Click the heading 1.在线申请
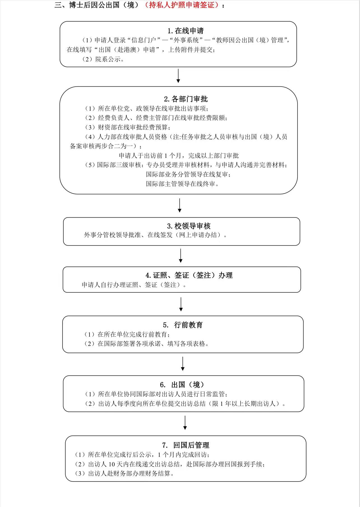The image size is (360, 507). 186,31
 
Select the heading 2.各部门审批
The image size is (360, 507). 186,99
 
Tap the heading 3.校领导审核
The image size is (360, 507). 189,226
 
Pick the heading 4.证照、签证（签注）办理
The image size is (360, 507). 189,275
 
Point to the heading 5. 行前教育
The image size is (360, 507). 183,325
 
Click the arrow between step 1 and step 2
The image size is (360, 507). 178,76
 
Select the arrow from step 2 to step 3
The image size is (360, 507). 180,205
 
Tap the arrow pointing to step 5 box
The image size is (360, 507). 181,304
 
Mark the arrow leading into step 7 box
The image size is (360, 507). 185,423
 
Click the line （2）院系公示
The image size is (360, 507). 103,59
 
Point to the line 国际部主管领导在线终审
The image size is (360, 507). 182,184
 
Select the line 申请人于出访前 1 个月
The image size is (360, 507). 179,156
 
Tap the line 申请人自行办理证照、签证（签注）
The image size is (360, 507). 134,285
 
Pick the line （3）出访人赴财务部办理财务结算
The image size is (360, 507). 124,474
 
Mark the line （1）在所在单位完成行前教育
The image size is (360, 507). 127,334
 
